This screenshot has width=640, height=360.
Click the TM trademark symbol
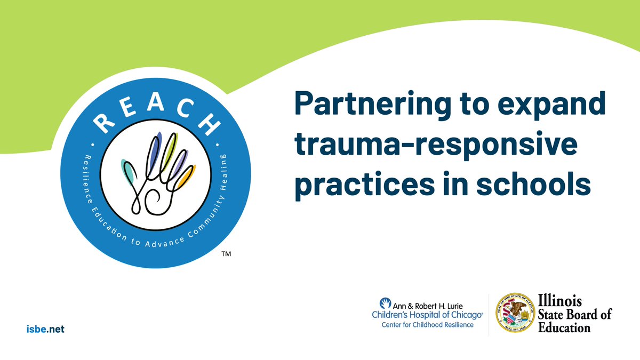(x=226, y=255)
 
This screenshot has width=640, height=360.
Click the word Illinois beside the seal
(x=560, y=301)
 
